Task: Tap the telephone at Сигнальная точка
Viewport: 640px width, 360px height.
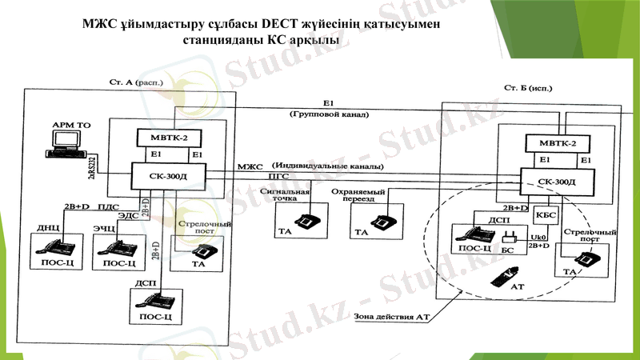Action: [306, 218]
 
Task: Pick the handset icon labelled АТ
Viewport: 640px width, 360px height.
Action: [497, 277]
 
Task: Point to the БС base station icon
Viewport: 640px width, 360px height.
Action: [506, 237]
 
